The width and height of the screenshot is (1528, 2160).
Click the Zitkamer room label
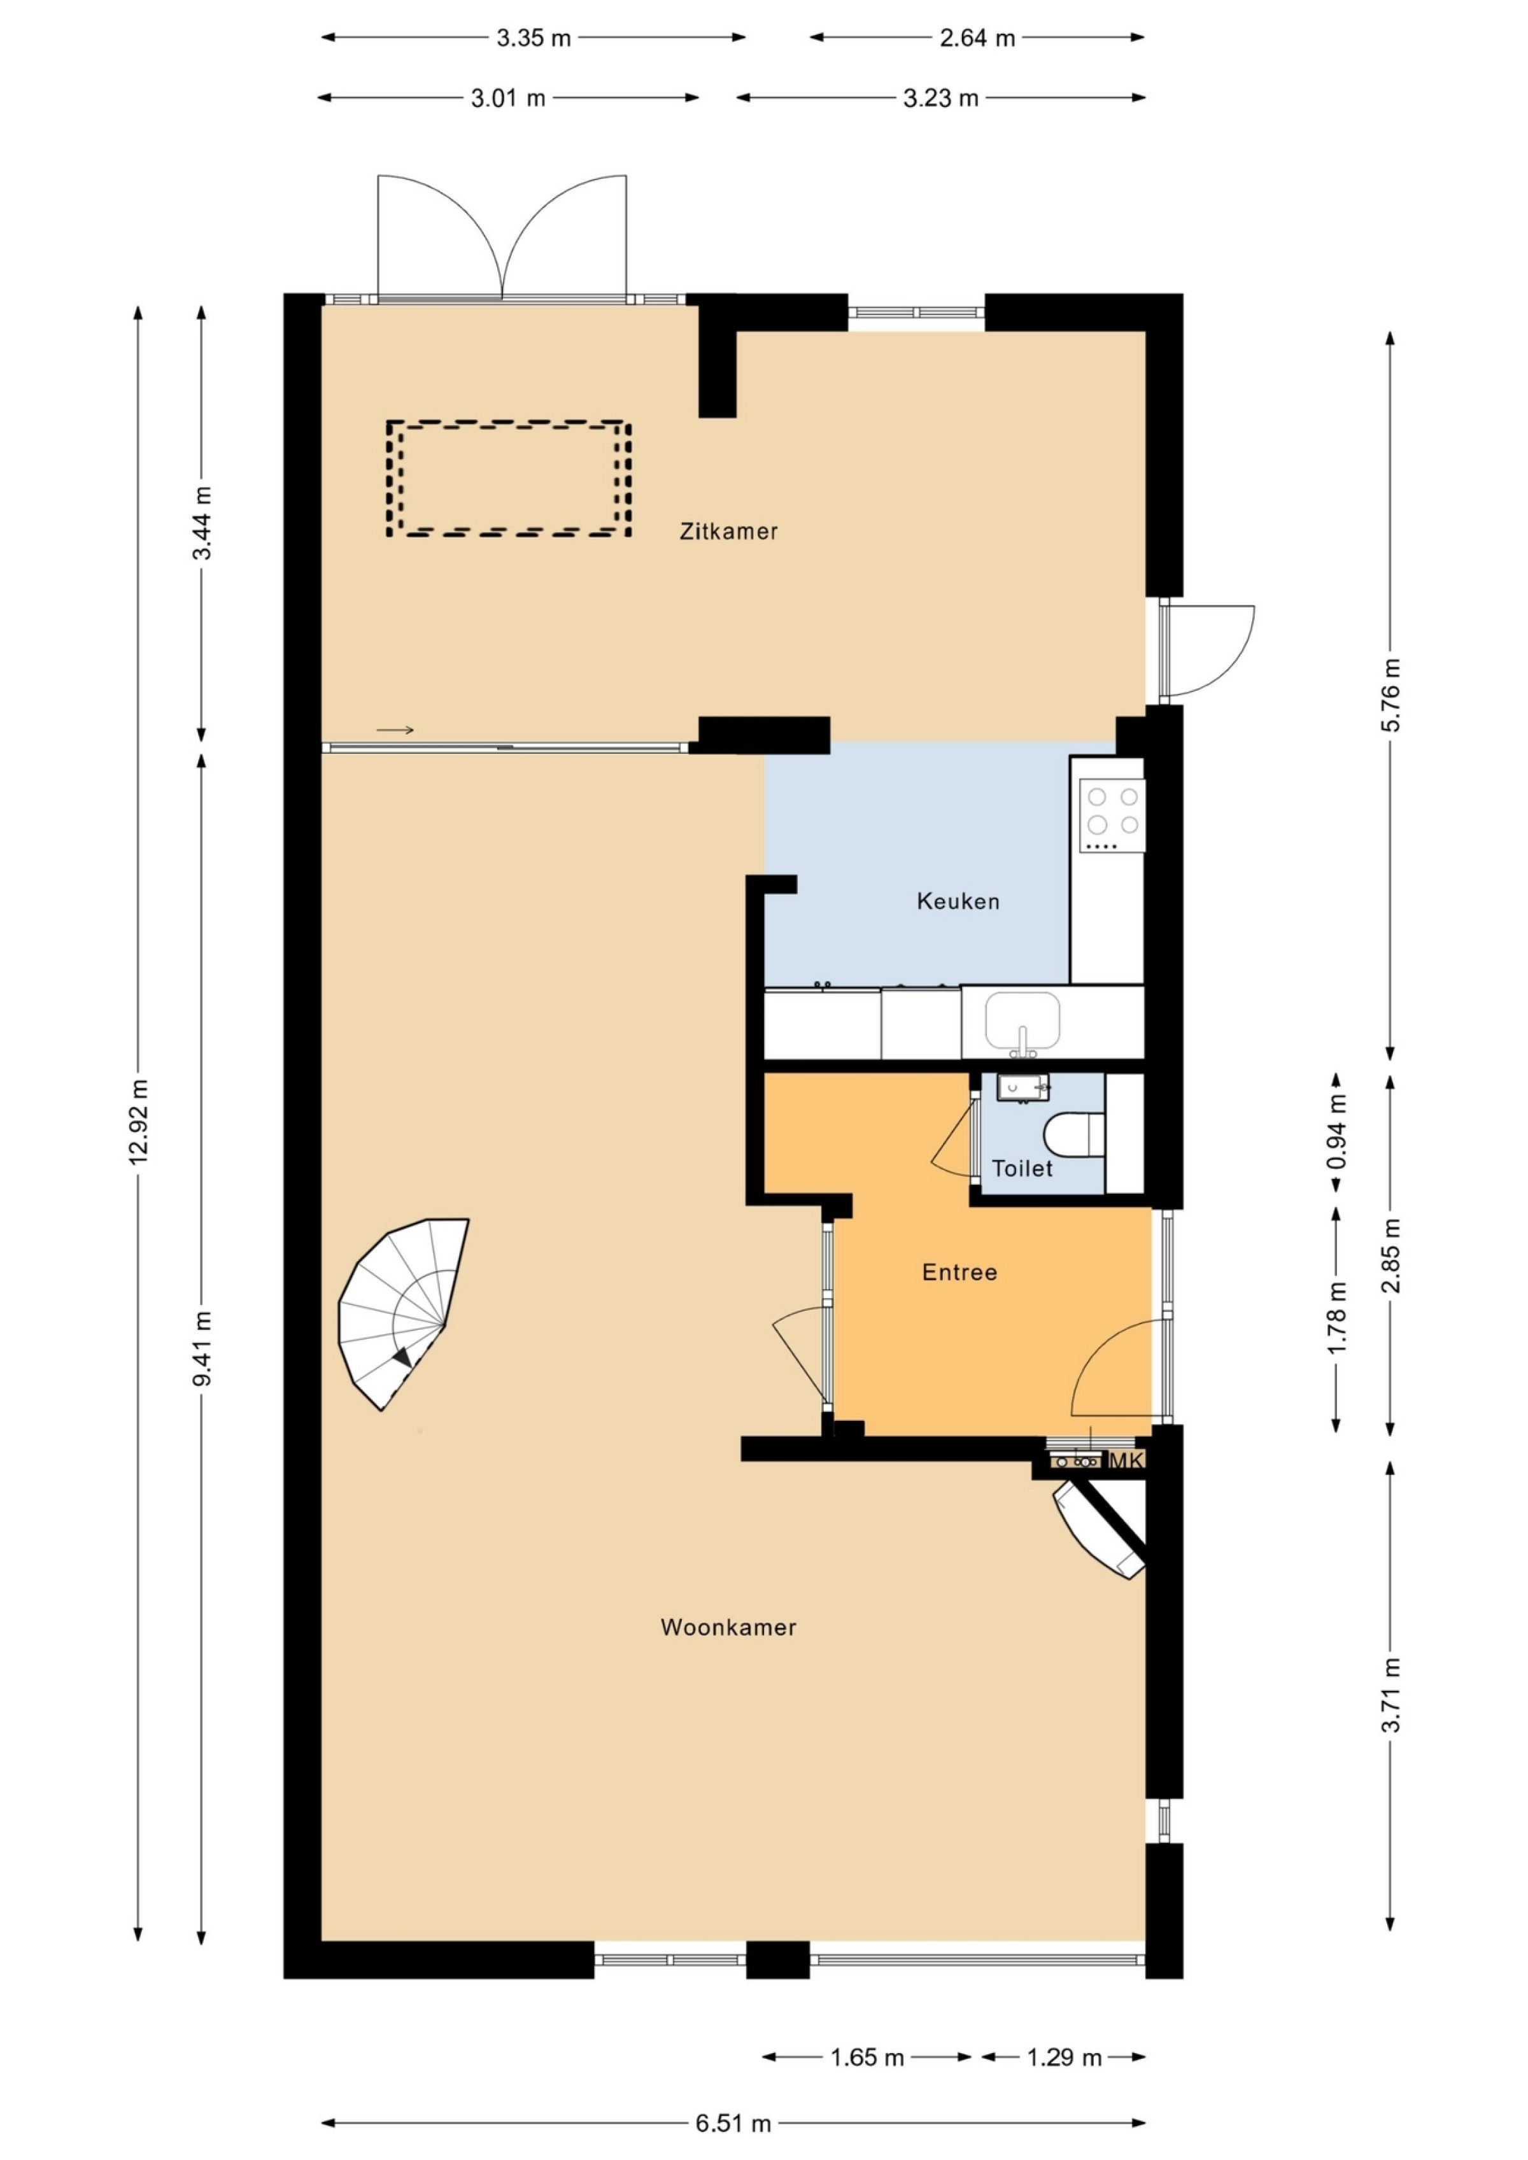[x=728, y=532]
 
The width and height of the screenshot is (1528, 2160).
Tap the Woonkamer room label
[x=728, y=1628]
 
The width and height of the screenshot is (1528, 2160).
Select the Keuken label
[x=958, y=901]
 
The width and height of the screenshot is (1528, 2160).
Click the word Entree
[x=959, y=1273]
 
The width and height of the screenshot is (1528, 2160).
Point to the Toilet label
[x=1022, y=1168]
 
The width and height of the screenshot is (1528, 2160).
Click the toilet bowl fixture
[x=1073, y=1134]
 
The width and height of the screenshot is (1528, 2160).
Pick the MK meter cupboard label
[x=1126, y=1461]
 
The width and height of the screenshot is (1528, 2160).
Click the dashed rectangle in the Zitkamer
[x=508, y=478]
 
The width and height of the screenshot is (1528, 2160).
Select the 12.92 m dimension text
[x=138, y=1122]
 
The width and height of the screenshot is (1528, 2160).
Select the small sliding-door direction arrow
[x=395, y=730]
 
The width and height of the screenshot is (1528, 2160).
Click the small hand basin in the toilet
[x=1022, y=1089]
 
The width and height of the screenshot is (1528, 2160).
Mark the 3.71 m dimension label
[x=1390, y=1693]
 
